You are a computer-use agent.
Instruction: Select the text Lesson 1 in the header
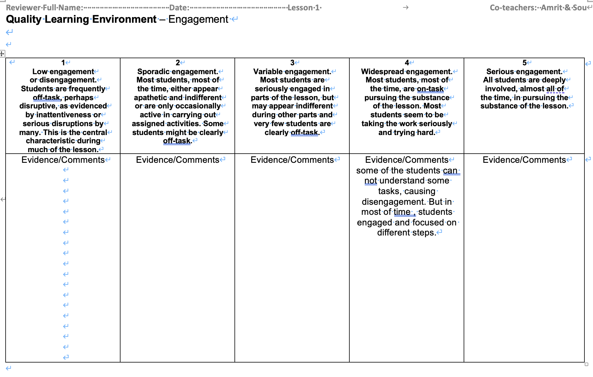304,8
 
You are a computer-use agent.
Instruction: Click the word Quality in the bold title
24,19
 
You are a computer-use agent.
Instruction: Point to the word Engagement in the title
198,19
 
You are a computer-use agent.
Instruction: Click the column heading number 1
63,63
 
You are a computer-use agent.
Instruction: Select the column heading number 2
177,63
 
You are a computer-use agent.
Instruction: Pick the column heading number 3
292,63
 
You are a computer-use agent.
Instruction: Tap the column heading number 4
407,63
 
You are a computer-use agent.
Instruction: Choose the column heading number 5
524,63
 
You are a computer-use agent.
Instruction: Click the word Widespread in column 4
382,71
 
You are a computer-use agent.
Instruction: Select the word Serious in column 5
500,71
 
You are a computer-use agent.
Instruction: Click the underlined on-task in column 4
430,89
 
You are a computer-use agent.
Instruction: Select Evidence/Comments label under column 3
292,160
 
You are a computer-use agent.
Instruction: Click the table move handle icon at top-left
2,54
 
